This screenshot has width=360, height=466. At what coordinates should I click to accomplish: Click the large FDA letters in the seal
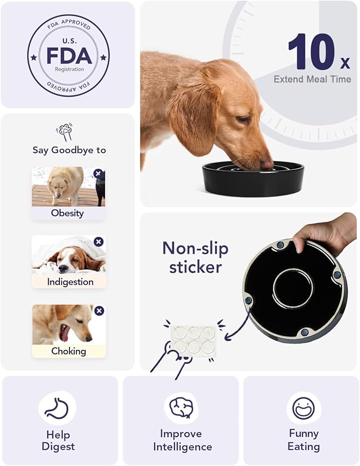click(69, 55)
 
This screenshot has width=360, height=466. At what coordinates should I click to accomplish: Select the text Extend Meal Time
click(312, 79)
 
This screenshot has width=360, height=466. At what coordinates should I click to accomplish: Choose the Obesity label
click(67, 213)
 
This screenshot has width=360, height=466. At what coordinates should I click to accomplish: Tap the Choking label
click(68, 351)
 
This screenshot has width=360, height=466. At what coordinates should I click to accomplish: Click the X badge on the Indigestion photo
click(98, 242)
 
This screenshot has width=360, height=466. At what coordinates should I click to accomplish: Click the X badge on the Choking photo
click(99, 311)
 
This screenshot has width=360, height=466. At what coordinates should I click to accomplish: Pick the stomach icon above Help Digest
click(57, 408)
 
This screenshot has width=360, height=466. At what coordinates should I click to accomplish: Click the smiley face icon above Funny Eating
click(303, 408)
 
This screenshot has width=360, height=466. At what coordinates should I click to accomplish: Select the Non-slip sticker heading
click(195, 257)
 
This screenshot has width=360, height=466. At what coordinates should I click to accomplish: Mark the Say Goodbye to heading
click(69, 150)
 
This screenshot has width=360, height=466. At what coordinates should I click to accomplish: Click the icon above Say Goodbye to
click(65, 132)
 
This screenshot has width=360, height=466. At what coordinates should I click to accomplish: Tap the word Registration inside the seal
click(69, 68)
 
